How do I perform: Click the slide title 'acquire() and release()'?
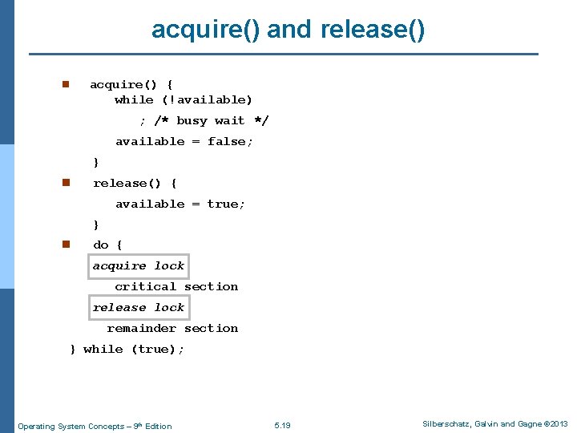(288, 30)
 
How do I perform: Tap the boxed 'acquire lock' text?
(139, 265)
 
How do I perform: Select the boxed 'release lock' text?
(139, 307)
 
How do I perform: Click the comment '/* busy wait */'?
(212, 120)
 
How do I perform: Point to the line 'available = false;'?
(184, 141)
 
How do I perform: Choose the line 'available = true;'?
(180, 204)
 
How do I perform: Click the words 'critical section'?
(176, 286)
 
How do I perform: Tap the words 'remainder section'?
(172, 328)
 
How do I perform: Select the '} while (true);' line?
(127, 349)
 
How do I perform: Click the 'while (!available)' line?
(184, 99)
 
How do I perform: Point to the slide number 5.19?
(282, 425)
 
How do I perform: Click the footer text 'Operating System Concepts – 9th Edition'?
(95, 426)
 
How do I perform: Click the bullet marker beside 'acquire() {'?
(67, 84)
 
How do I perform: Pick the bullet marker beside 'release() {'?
(67, 183)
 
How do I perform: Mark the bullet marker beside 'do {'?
(67, 245)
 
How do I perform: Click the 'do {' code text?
(108, 245)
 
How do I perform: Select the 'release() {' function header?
(135, 183)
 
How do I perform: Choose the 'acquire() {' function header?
(131, 84)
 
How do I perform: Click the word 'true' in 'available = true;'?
(224, 204)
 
